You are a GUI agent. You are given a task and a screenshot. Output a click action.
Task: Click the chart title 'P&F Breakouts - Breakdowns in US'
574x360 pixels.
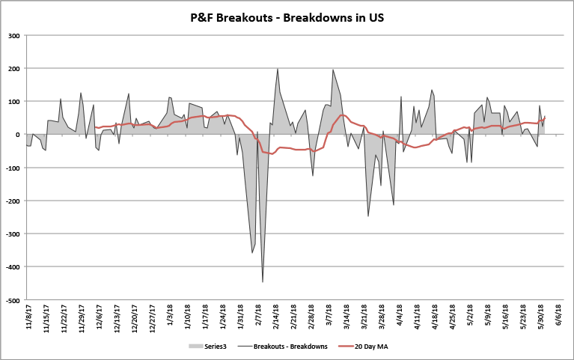(x=287, y=16)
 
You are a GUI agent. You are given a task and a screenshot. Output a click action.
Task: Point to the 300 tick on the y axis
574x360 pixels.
(x=14, y=35)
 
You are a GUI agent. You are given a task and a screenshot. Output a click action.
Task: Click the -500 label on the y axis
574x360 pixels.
(x=13, y=300)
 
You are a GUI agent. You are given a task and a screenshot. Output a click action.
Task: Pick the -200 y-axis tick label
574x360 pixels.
(x=13, y=201)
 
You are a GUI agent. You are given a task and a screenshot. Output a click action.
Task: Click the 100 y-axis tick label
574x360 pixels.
(x=14, y=101)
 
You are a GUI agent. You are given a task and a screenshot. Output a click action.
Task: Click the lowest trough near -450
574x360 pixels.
(x=263, y=281)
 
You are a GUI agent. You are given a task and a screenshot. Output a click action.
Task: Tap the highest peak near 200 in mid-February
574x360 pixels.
(x=278, y=69)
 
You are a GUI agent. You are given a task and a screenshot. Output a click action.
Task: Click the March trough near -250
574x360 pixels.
(x=368, y=216)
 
